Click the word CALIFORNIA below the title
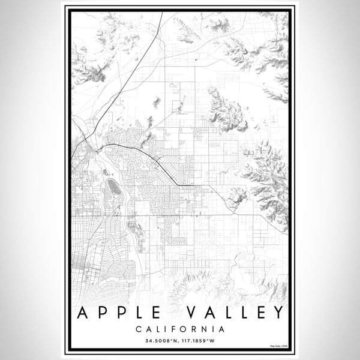point(180,329)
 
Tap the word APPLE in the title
point(117,313)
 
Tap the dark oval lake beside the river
point(113,194)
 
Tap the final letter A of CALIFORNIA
point(222,329)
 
